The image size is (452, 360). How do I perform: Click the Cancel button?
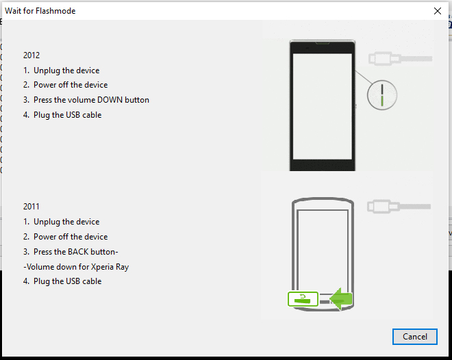pos(414,337)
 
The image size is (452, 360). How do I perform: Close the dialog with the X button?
pos(437,11)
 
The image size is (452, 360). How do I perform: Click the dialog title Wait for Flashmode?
pos(40,11)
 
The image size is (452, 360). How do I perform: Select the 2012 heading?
pos(32,55)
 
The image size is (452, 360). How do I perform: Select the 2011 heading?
pos(32,207)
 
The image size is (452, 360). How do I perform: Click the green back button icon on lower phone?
pos(302,298)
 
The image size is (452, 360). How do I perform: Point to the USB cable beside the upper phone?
pos(400,58)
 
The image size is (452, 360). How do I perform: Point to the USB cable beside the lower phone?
pos(400,205)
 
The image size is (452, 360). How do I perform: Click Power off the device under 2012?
pos(70,85)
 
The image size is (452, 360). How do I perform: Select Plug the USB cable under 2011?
pos(67,281)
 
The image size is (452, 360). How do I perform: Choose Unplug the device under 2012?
pos(66,70)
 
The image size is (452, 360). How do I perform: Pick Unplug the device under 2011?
pos(66,222)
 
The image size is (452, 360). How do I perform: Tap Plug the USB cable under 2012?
pos(67,115)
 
